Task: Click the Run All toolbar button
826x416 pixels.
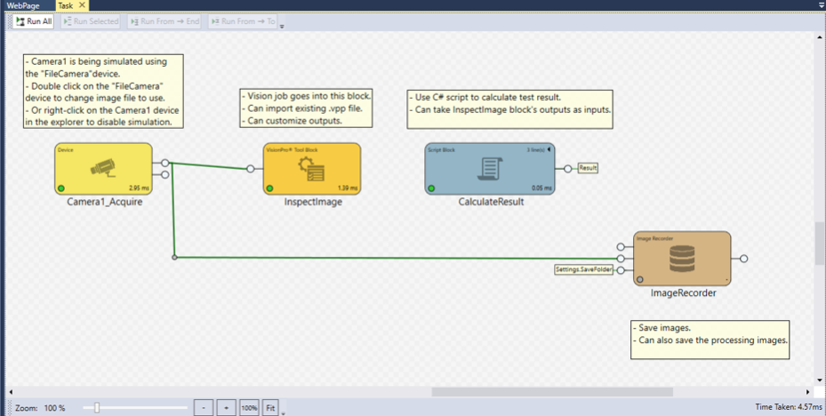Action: coord(35,20)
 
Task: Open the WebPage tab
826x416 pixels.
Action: coord(23,5)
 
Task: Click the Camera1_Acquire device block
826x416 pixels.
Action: coord(104,169)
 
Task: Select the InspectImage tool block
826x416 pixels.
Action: coord(312,169)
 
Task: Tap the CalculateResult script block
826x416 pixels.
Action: coord(490,169)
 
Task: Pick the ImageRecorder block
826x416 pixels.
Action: coord(682,259)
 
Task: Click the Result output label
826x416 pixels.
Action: coord(588,167)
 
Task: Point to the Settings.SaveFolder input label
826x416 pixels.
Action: coord(584,269)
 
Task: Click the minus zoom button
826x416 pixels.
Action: coord(204,407)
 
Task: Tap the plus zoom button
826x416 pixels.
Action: coord(227,407)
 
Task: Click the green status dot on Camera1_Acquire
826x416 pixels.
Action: coord(60,189)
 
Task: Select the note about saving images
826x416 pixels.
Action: coord(710,333)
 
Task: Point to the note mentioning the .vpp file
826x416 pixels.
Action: coord(307,108)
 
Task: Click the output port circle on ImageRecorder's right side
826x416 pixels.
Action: coord(744,259)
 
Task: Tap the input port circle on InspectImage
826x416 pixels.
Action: coord(251,169)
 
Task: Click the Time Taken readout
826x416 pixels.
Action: coord(788,407)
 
